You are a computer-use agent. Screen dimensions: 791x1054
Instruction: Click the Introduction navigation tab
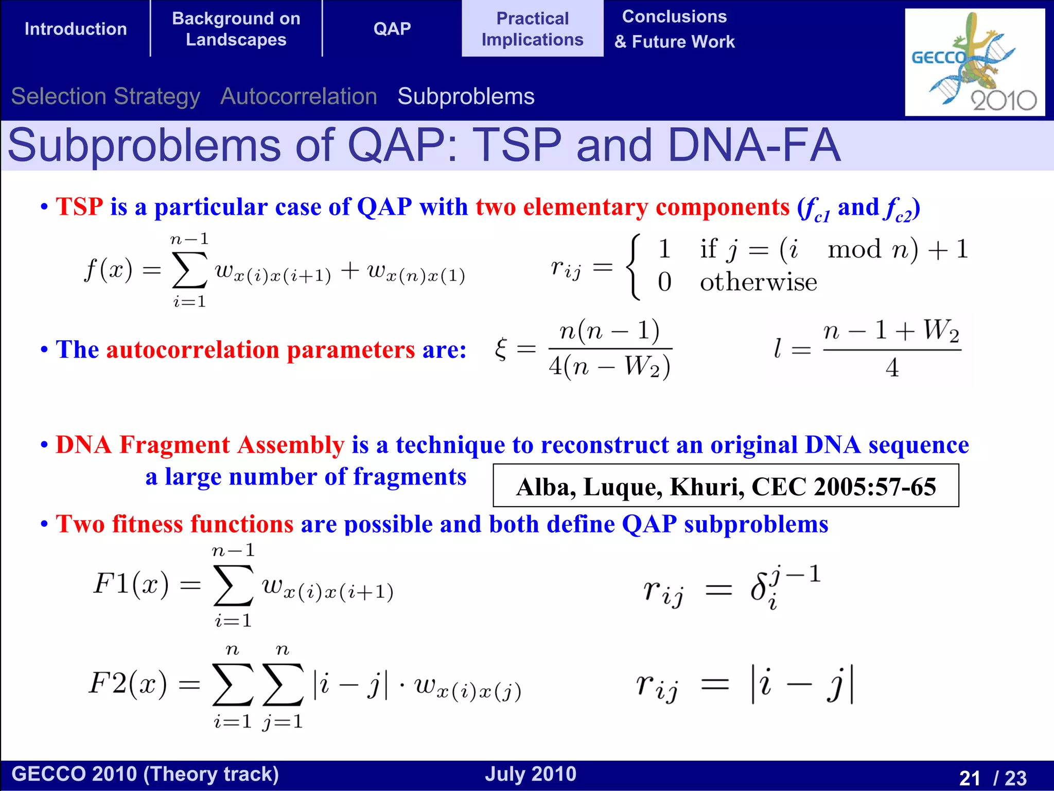point(76,29)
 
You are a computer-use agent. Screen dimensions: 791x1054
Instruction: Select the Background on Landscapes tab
point(236,29)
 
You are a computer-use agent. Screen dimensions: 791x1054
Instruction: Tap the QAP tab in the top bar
point(392,29)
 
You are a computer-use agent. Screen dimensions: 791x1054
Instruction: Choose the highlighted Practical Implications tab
point(532,29)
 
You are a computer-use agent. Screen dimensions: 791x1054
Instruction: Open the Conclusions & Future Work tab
point(674,29)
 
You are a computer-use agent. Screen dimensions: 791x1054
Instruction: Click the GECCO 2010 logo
point(974,62)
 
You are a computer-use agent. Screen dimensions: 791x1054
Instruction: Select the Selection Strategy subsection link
point(106,96)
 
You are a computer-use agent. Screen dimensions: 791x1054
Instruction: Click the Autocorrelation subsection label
point(298,96)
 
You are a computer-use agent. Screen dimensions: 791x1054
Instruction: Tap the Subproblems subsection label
point(466,96)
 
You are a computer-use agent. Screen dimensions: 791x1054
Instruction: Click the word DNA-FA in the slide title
point(754,145)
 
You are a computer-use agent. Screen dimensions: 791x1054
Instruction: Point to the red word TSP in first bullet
point(79,207)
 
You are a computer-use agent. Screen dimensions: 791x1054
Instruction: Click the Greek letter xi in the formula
point(501,350)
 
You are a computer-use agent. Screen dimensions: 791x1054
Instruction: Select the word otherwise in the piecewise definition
point(758,282)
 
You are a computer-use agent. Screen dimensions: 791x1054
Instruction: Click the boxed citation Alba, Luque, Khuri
point(726,486)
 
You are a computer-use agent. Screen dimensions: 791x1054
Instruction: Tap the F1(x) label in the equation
point(131,584)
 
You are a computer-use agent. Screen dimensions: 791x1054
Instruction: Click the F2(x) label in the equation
point(128,684)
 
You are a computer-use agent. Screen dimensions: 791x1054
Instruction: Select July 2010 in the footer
point(531,774)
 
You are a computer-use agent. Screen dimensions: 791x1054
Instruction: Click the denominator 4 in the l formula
point(892,368)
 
